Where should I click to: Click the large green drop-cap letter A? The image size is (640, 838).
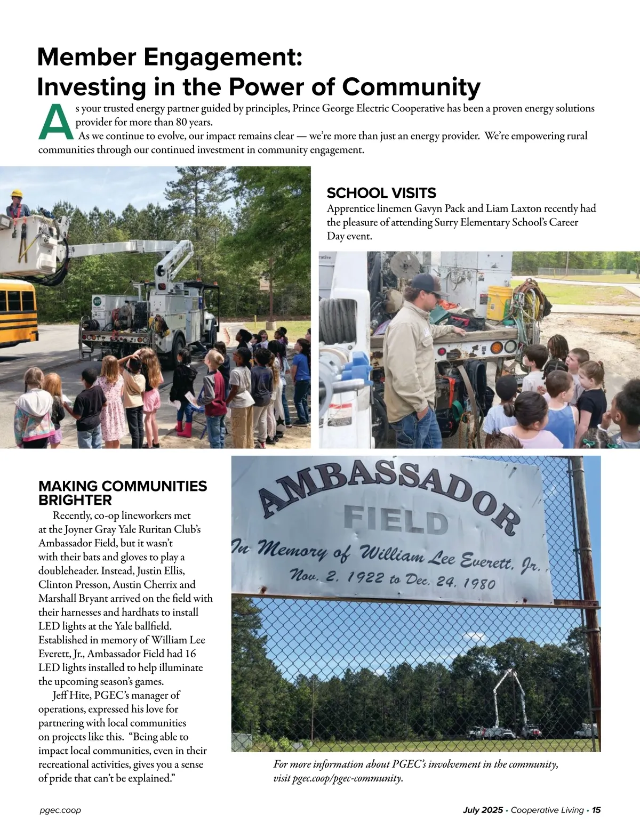[x=55, y=122]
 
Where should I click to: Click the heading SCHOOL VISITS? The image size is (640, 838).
[x=381, y=193]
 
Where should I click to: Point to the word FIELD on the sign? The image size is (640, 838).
[x=396, y=519]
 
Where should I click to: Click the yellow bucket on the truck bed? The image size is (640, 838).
[x=500, y=302]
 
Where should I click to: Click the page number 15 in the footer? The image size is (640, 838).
[x=596, y=810]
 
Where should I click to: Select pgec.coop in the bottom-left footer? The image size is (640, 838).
[x=60, y=810]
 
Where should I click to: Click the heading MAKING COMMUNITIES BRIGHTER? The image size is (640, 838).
[x=122, y=493]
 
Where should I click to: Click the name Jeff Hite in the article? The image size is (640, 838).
[x=71, y=695]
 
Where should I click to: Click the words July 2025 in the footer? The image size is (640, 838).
[x=483, y=810]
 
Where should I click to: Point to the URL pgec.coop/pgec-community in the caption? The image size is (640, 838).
[x=347, y=778]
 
